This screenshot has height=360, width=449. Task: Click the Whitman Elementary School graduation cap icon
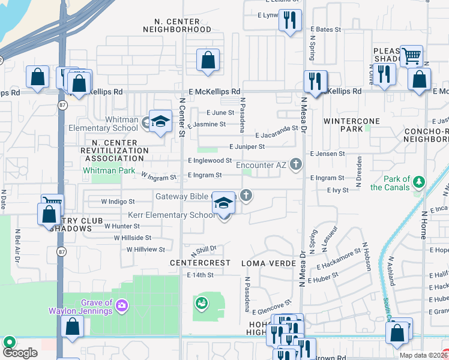coord(160,122)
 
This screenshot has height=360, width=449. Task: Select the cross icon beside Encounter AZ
coord(295,163)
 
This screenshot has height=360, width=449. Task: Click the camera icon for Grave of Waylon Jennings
coord(122,307)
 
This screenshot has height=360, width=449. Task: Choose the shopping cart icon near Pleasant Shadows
coord(411,56)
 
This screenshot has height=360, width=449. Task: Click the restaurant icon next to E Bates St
coord(291,20)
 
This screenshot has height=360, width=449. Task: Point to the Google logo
coord(20,353)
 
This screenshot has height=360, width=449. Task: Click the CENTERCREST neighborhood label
coord(200,263)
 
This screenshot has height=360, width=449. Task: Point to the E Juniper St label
coord(247,146)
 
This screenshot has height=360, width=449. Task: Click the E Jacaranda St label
coord(276,136)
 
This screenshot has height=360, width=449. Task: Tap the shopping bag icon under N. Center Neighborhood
coord(208,60)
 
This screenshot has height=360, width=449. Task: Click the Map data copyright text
coord(423,355)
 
